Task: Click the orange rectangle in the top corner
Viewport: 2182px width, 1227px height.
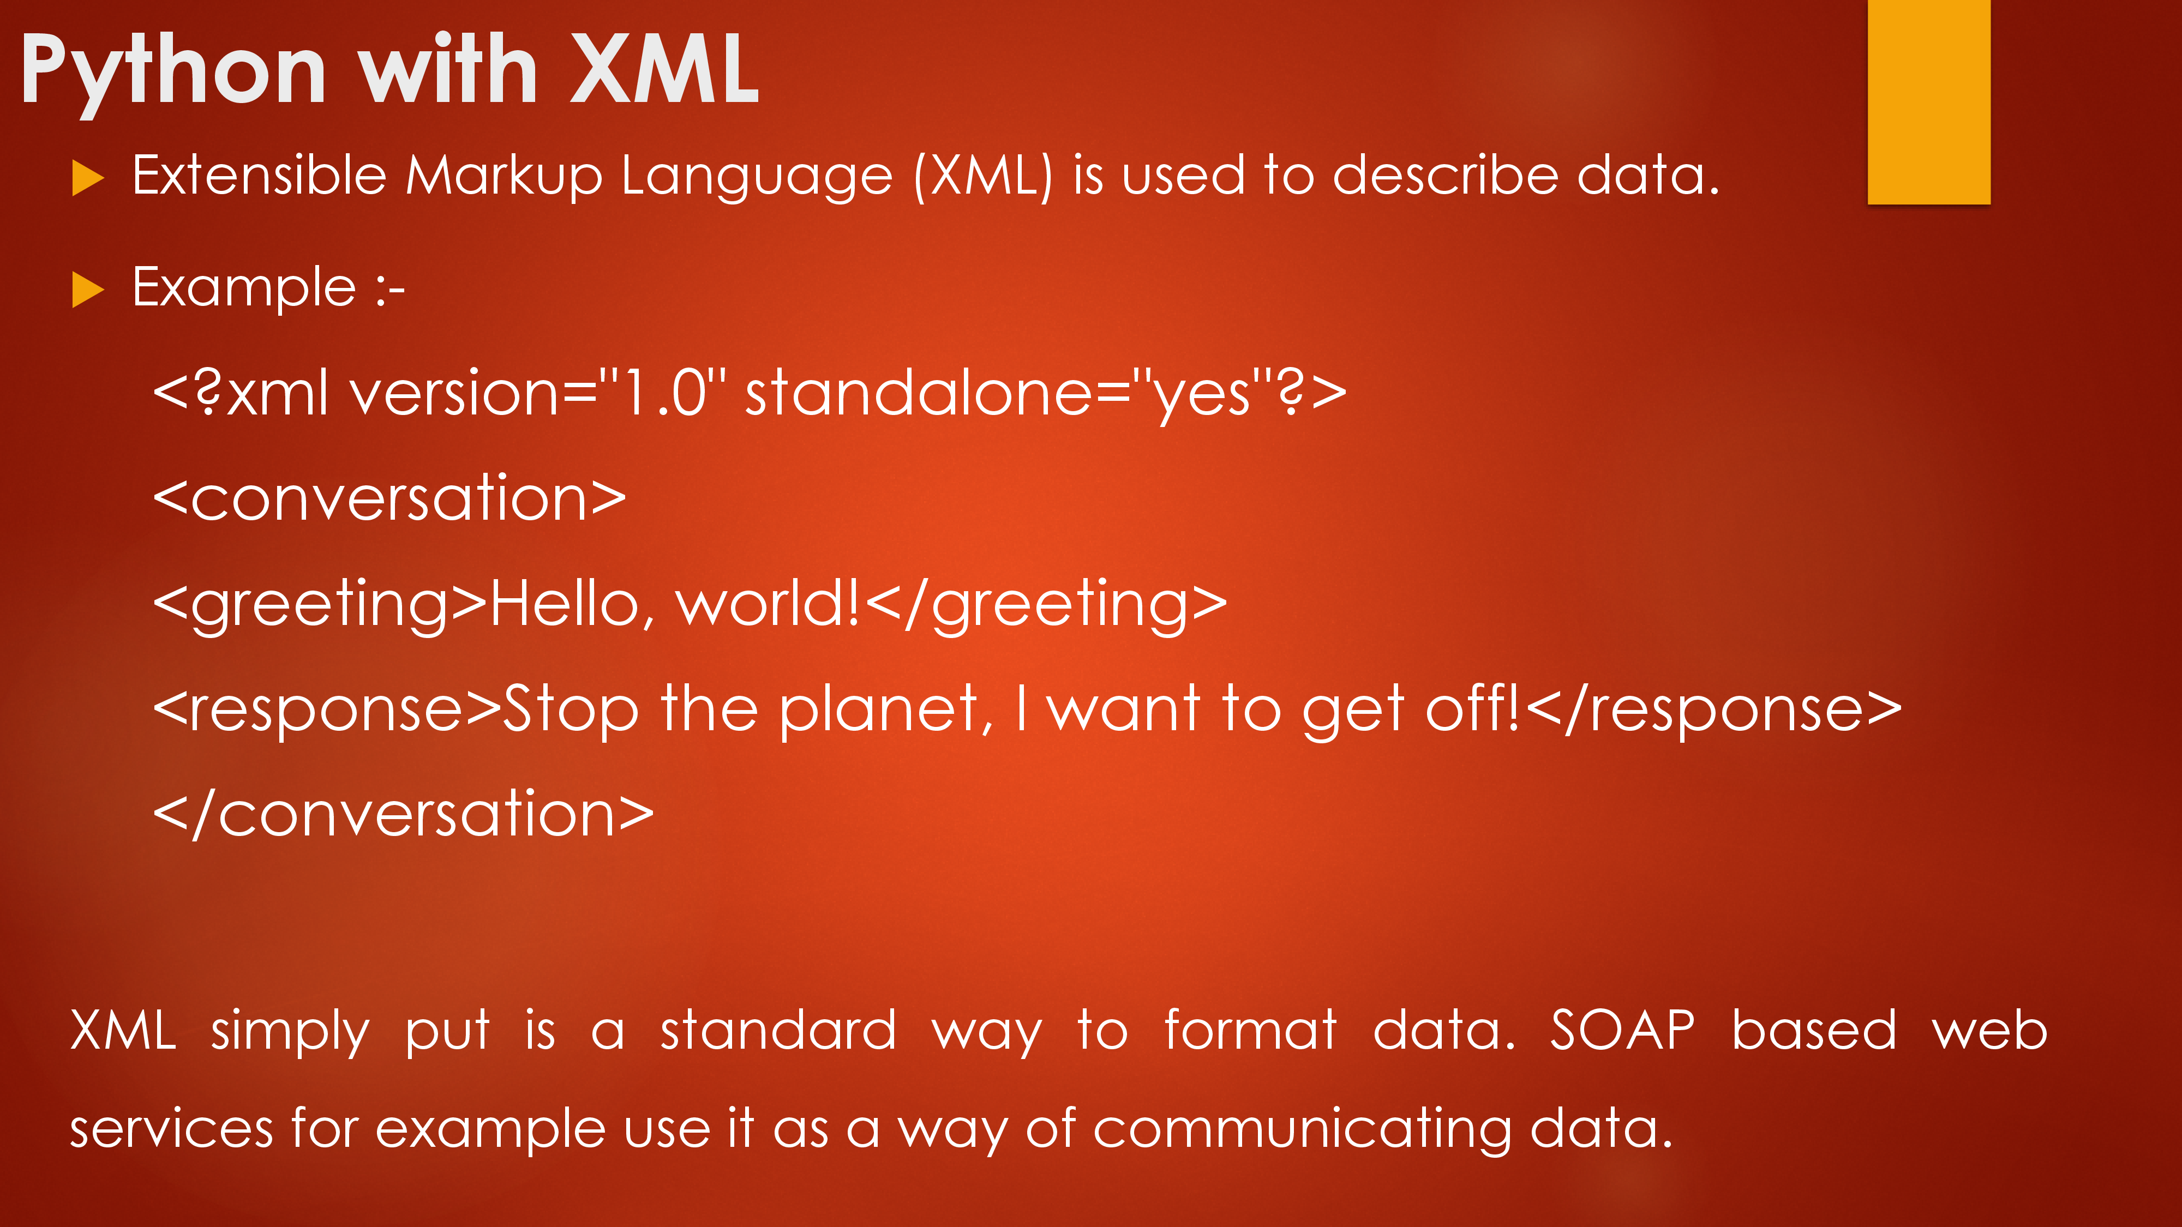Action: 1929,101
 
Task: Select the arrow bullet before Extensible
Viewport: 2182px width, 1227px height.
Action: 88,178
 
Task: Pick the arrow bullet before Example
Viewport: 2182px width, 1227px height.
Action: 88,290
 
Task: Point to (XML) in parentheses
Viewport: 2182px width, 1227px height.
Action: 984,176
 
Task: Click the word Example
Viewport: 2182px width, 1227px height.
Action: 244,288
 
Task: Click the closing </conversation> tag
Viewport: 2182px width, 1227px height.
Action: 403,813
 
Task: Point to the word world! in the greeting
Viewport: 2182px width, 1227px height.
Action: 768,603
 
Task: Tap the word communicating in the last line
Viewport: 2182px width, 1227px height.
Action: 1302,1129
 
